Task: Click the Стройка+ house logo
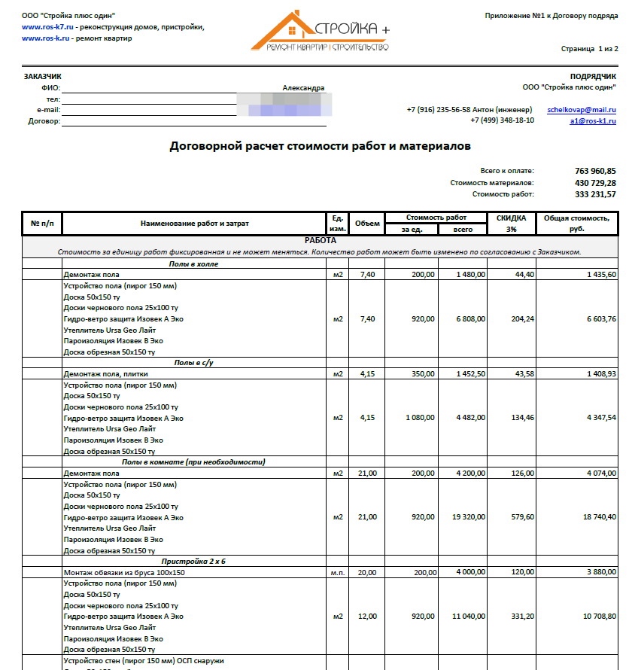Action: [x=319, y=32]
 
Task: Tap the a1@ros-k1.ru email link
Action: [x=593, y=120]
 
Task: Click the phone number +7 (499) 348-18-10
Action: [x=502, y=120]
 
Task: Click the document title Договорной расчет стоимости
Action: [x=320, y=145]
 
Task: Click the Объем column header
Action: [x=367, y=224]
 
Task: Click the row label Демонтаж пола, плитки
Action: [x=105, y=374]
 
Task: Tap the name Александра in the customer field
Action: [x=303, y=88]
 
